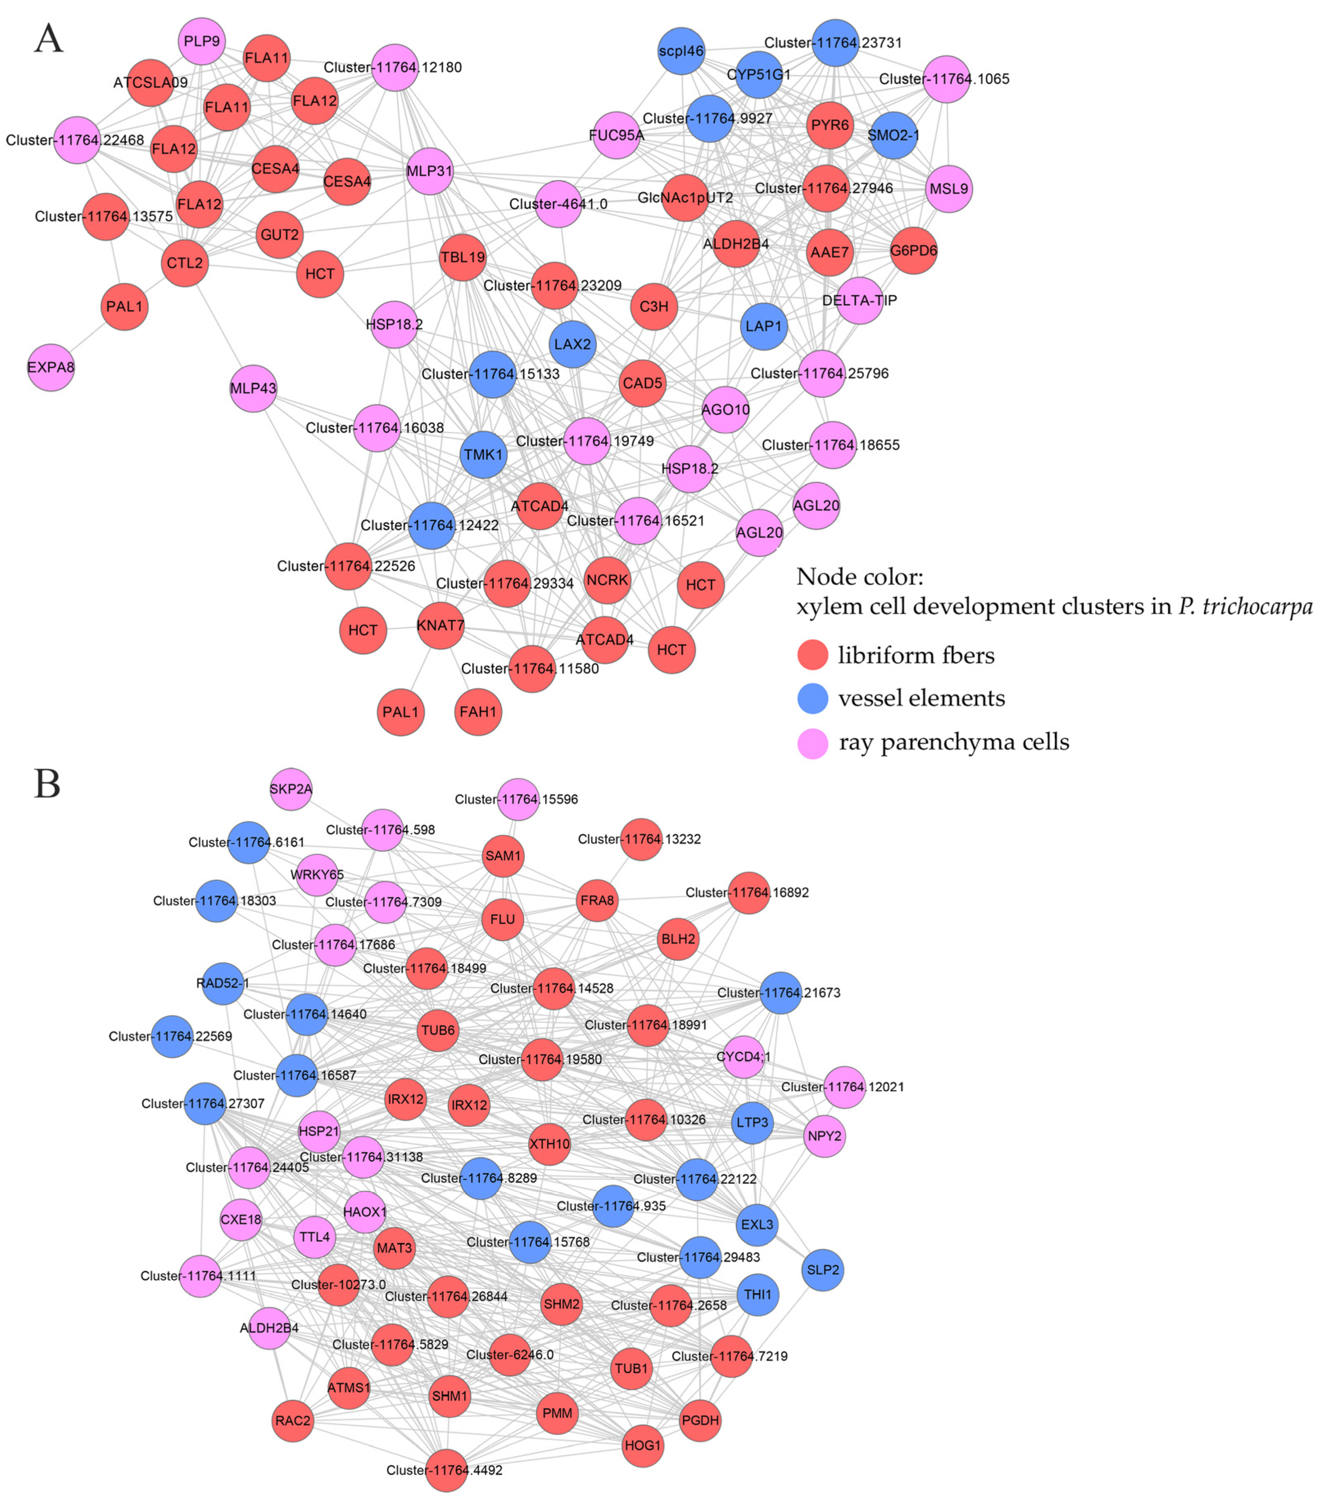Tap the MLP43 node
tap(253, 388)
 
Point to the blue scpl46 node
tap(681, 51)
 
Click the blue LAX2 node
tap(572, 344)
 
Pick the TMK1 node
tap(484, 455)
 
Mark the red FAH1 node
tap(478, 711)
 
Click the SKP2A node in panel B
tap(291, 789)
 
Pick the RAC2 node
tap(293, 1420)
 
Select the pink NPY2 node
tap(825, 1136)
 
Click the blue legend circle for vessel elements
tap(813, 698)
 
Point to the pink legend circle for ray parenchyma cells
tap(813, 743)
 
